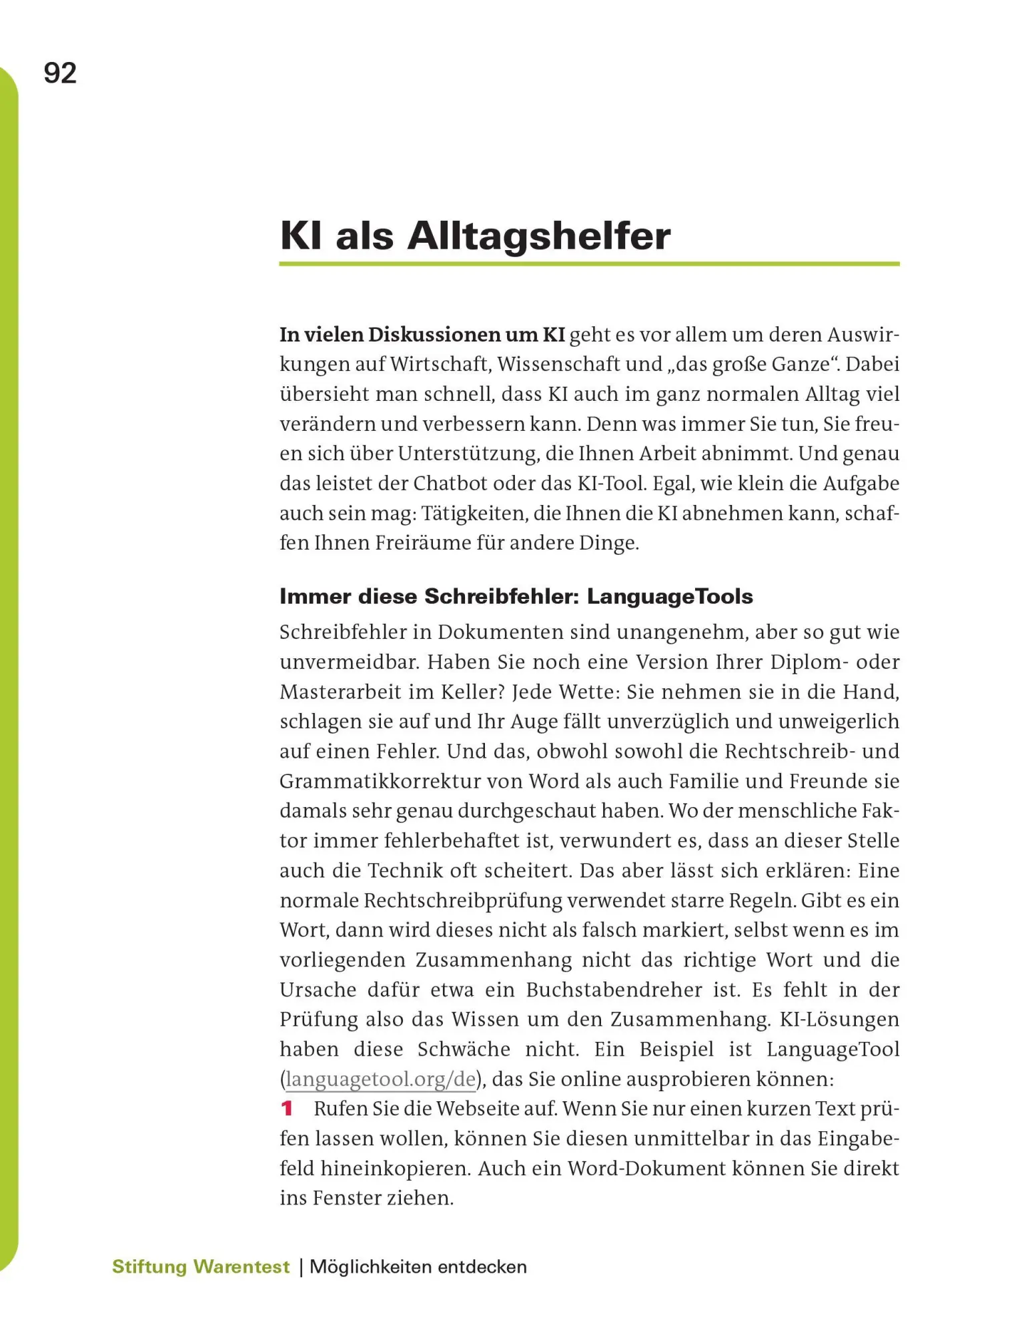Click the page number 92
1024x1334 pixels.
60,73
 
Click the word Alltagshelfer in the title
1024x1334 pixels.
538,236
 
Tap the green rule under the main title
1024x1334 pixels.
589,264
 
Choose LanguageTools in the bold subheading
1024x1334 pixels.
670,596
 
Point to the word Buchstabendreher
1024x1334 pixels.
614,990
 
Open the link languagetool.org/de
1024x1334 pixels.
381,1079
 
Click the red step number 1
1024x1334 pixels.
287,1109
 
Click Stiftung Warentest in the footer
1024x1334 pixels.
201,1267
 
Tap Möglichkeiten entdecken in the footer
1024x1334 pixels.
418,1267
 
